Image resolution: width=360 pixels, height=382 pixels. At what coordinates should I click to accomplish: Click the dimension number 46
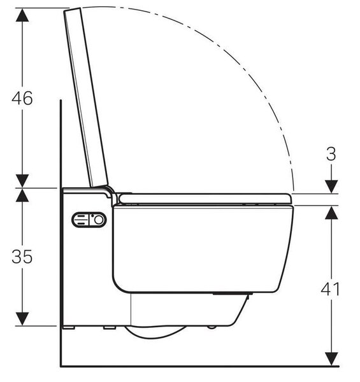click(22, 98)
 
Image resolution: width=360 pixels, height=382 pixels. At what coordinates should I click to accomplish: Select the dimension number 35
click(22, 257)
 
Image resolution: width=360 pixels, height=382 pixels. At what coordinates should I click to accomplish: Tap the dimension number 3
click(331, 154)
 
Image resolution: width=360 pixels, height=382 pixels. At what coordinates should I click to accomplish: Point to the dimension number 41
click(330, 289)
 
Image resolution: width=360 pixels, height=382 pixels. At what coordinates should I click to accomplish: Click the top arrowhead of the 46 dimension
click(22, 15)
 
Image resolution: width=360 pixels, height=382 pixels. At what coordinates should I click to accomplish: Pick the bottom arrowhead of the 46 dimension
click(22, 181)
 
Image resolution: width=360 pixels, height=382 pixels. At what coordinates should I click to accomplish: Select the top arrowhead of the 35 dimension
click(22, 195)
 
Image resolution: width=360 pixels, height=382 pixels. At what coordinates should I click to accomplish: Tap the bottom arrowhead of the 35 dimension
click(22, 319)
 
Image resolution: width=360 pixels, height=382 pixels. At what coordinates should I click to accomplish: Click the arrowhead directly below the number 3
click(331, 187)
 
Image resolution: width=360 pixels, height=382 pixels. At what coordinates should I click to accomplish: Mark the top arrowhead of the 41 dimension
click(331, 213)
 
